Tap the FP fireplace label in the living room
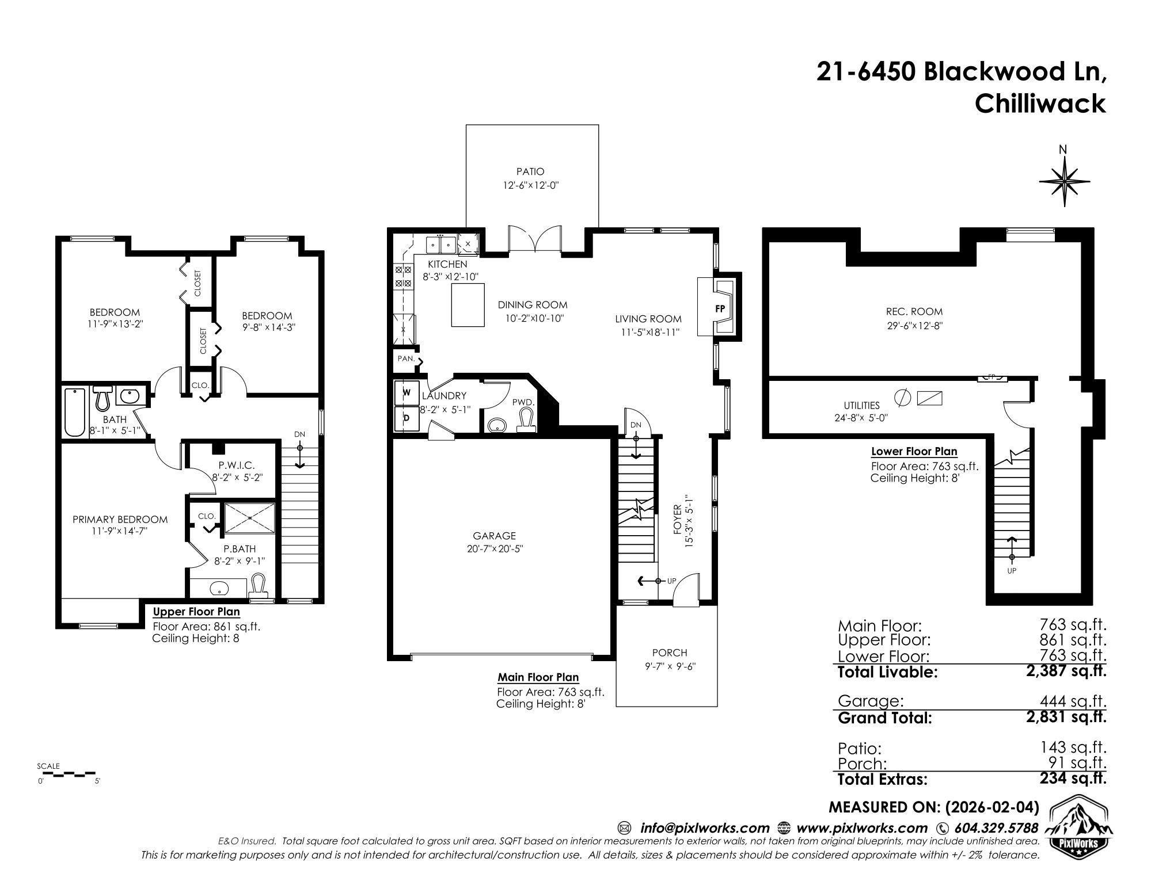pyautogui.click(x=720, y=308)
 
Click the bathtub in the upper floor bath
pyautogui.click(x=75, y=413)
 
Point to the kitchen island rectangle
pyautogui.click(x=464, y=305)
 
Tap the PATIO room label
pyautogui.click(x=530, y=171)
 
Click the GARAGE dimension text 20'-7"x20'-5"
pyautogui.click(x=495, y=549)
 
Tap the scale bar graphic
pyautogui.click(x=69, y=773)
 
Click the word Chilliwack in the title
pyautogui.click(x=1040, y=104)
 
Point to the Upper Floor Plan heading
pyautogui.click(x=196, y=612)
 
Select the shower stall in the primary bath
pyautogui.click(x=250, y=518)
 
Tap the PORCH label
pyautogui.click(x=670, y=653)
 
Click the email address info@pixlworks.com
pyautogui.click(x=705, y=828)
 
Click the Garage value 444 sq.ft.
pyautogui.click(x=1073, y=701)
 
